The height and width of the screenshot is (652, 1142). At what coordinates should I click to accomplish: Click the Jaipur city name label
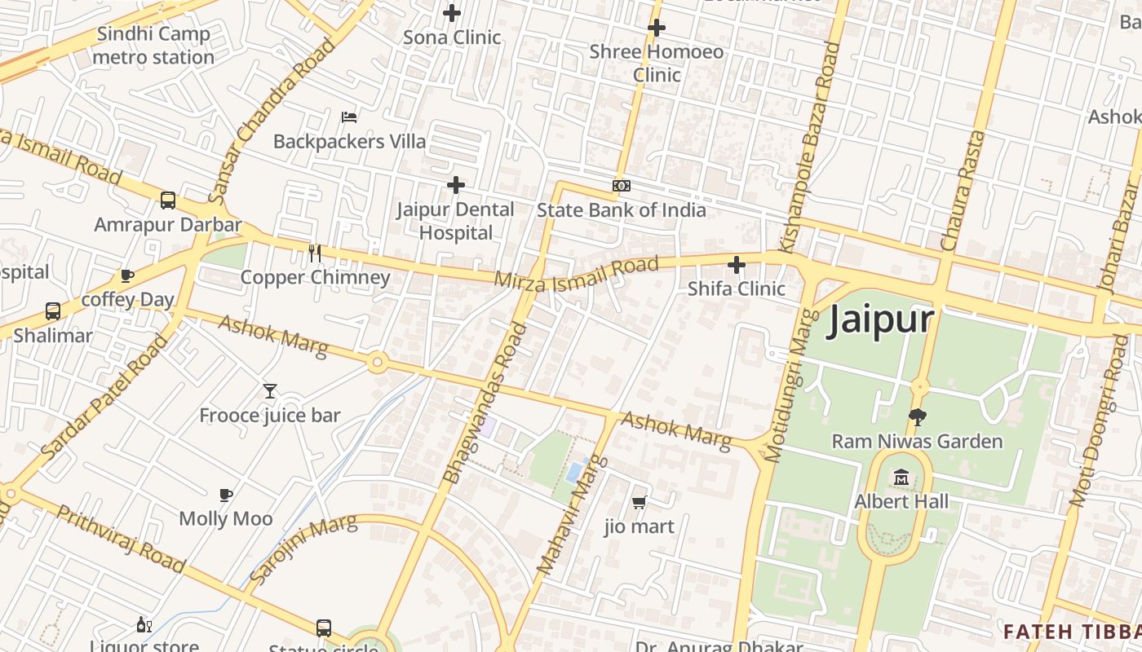pyautogui.click(x=880, y=319)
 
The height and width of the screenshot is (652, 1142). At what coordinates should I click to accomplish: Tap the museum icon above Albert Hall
pyautogui.click(x=901, y=477)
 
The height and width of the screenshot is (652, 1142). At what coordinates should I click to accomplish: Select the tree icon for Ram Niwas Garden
pyautogui.click(x=917, y=417)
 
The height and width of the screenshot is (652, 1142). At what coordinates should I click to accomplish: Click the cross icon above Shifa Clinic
pyautogui.click(x=737, y=265)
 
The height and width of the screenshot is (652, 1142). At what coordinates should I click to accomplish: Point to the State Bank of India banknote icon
pyautogui.click(x=622, y=186)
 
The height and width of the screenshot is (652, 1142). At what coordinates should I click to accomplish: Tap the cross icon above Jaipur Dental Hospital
pyautogui.click(x=456, y=186)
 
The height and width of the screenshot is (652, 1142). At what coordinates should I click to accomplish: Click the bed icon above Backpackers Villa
pyautogui.click(x=349, y=117)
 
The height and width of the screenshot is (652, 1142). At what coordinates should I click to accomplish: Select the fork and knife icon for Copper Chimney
pyautogui.click(x=315, y=253)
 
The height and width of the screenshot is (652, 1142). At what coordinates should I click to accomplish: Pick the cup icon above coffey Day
pyautogui.click(x=127, y=275)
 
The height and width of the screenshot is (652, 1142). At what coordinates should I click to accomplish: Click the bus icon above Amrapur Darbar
pyautogui.click(x=168, y=200)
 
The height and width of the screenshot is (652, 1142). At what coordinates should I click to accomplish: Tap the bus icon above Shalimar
pyautogui.click(x=53, y=311)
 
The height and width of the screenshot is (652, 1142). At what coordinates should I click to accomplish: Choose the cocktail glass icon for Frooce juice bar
pyautogui.click(x=270, y=391)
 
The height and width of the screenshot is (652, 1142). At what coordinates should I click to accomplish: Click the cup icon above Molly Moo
pyautogui.click(x=226, y=495)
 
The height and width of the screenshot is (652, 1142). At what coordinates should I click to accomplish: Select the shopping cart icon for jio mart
pyautogui.click(x=640, y=502)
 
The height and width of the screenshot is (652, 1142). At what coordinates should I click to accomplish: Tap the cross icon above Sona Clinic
pyautogui.click(x=452, y=13)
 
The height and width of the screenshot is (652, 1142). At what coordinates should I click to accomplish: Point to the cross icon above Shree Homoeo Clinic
pyautogui.click(x=657, y=28)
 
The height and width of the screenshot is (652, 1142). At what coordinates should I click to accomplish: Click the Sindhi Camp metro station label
pyautogui.click(x=153, y=46)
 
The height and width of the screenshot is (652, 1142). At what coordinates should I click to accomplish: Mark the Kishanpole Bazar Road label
pyautogui.click(x=809, y=147)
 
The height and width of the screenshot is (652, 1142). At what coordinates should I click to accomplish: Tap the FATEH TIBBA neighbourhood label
pyautogui.click(x=1072, y=632)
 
